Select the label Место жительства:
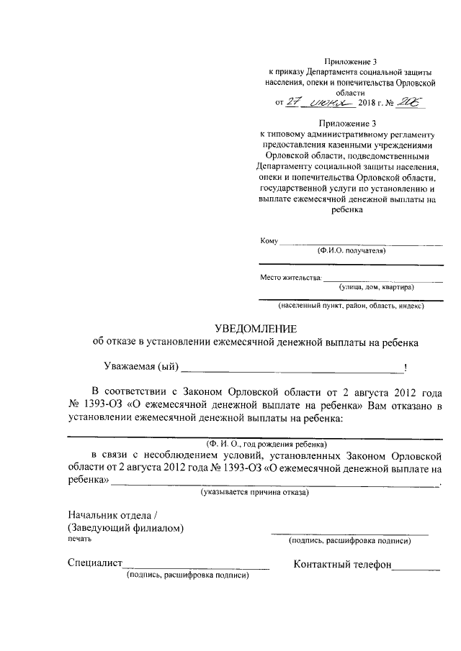(290, 277)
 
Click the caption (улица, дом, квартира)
(377, 287)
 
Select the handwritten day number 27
(292, 103)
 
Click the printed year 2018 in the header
(367, 104)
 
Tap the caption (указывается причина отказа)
(254, 493)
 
